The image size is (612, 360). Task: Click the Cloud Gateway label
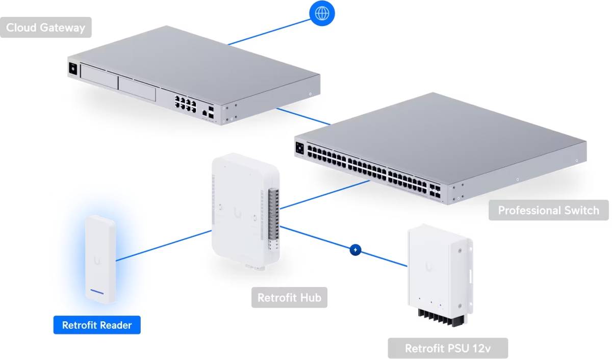[x=46, y=28]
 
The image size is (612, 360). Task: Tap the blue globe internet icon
[x=322, y=13]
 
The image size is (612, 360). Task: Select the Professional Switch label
[x=548, y=210]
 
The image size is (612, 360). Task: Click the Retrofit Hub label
[x=289, y=298]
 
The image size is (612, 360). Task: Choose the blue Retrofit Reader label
[x=97, y=325]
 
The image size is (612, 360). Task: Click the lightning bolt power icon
[x=355, y=250]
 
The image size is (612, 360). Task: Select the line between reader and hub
[x=163, y=246]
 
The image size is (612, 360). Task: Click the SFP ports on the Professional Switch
[x=436, y=191]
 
